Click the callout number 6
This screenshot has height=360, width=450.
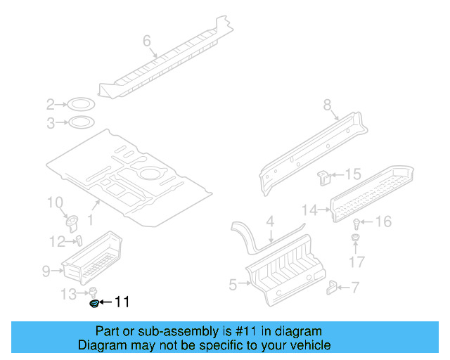tap(147, 41)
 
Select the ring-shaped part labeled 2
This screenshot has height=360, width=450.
tap(82, 105)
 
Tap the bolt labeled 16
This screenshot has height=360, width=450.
tap(357, 224)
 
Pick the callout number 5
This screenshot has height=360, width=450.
tap(233, 284)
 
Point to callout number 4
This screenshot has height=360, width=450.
tap(269, 222)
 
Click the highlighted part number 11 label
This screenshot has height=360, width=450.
tap(122, 302)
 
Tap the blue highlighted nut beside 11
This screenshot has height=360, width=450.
tap(93, 303)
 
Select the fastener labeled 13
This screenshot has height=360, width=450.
tap(91, 292)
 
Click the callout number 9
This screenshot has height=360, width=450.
tap(46, 269)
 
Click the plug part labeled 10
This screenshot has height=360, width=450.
tap(72, 223)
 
